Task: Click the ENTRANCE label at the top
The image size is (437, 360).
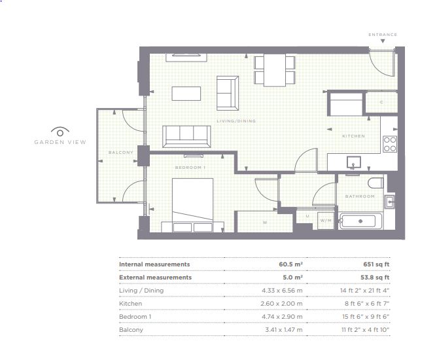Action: click(x=383, y=35)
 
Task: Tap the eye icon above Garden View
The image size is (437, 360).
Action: click(x=60, y=132)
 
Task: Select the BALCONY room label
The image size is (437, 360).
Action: click(x=120, y=153)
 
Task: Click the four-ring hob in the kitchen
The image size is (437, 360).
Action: click(x=390, y=144)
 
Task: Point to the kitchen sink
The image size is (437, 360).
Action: click(x=353, y=162)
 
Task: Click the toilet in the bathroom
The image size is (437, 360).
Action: click(x=376, y=183)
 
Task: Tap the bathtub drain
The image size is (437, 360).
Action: click(x=360, y=221)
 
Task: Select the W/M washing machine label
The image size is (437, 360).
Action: click(x=326, y=221)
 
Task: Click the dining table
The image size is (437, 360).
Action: click(x=275, y=70)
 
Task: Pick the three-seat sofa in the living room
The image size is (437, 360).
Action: click(x=186, y=136)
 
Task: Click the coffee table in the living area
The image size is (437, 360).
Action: click(x=186, y=94)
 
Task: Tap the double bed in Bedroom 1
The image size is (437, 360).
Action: click(x=192, y=205)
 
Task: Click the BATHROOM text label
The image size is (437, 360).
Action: click(x=360, y=196)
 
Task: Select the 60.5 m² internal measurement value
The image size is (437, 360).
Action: click(x=290, y=264)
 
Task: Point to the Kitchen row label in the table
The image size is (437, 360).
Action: click(x=130, y=304)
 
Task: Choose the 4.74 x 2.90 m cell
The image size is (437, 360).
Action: click(x=282, y=317)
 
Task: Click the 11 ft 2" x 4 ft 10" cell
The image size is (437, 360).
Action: click(x=366, y=330)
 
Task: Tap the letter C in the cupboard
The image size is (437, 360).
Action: click(x=381, y=102)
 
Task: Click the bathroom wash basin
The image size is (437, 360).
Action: click(x=389, y=201)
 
